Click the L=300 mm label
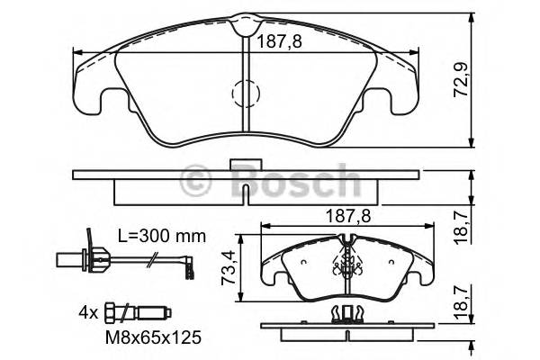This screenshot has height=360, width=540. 161,236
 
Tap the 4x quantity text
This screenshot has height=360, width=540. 87,314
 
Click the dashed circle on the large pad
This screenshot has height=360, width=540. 246,93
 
